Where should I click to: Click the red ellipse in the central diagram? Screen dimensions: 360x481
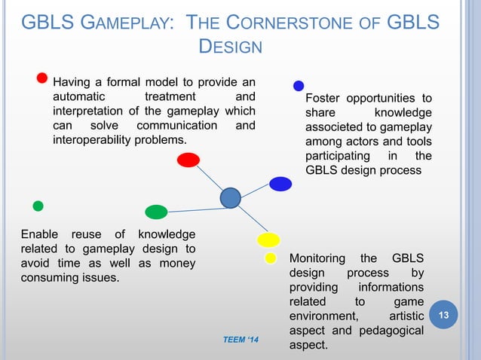pyautogui.click(x=188, y=160)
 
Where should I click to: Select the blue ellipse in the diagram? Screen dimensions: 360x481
pyautogui.click(x=280, y=184)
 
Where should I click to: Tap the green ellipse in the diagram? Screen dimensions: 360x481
pyautogui.click(x=156, y=212)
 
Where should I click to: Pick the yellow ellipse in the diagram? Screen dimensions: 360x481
pyautogui.click(x=268, y=240)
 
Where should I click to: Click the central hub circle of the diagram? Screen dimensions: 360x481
pyautogui.click(x=230, y=198)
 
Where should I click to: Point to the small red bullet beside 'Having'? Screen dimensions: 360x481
pyautogui.click(x=43, y=78)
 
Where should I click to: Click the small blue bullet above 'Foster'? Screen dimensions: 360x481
pyautogui.click(x=299, y=86)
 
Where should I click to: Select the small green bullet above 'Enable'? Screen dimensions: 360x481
pyautogui.click(x=38, y=206)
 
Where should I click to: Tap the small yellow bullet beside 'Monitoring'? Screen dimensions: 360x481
pyautogui.click(x=270, y=258)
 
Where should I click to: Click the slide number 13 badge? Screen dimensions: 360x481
pyautogui.click(x=444, y=313)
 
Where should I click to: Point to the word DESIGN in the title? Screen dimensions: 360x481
pyautogui.click(x=229, y=47)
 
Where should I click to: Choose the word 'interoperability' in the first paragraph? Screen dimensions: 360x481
pyautogui.click(x=91, y=140)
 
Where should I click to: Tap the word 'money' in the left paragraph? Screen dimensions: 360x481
pyautogui.click(x=173, y=263)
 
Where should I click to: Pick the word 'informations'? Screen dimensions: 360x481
pyautogui.click(x=391, y=287)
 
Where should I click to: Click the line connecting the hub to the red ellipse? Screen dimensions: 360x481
pyautogui.click(x=209, y=179)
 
